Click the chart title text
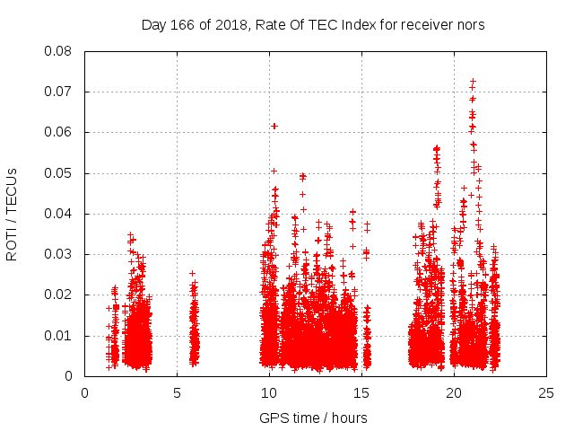pos(313,24)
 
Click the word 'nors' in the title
pos(470,24)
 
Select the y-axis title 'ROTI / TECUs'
pos(12,214)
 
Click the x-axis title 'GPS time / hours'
pos(313,418)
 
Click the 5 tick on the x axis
pos(178,392)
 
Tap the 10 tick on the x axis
pos(270,392)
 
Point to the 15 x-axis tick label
pos(362,392)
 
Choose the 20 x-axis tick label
pos(455,392)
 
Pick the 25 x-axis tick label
pos(547,392)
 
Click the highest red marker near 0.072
pos(473,82)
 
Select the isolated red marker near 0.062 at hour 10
pos(274,126)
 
